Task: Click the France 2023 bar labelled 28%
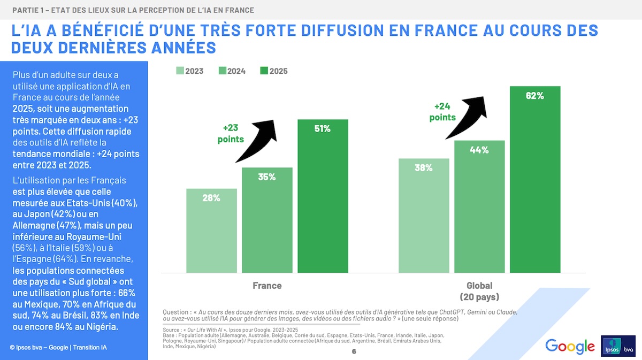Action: pos(211,230)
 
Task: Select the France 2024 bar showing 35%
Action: pos(267,219)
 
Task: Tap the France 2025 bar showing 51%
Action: pos(323,195)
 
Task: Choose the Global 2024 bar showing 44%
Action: pos(479,206)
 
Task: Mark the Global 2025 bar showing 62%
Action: pos(535,179)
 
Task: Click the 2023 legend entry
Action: pos(189,71)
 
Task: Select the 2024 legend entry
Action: pos(232,71)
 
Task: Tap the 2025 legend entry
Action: pos(273,71)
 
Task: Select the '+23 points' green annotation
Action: pos(231,134)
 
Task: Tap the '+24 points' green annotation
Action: pos(442,111)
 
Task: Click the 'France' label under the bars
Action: pos(267,285)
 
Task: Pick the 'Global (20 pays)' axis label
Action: pos(479,291)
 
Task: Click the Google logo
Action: pos(570,346)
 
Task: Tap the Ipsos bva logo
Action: pos(618,346)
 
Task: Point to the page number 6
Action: pos(354,351)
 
